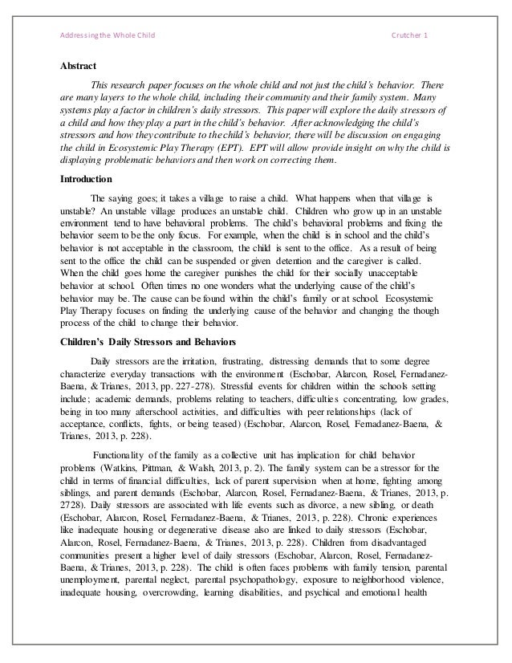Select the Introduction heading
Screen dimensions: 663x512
click(x=86, y=179)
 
